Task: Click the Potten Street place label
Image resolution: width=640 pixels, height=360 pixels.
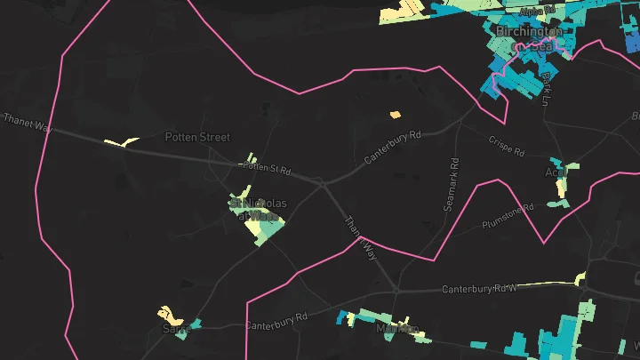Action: (x=197, y=137)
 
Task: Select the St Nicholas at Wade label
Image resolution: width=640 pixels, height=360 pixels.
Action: (x=259, y=209)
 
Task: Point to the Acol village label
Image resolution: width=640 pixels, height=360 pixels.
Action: (x=556, y=172)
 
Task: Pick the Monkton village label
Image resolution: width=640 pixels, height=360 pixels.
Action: (x=397, y=329)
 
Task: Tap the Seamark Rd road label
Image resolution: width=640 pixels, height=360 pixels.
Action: (x=452, y=184)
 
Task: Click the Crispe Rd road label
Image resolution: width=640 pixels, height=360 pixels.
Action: (x=508, y=141)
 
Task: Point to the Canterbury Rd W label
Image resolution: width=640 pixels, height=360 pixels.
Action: (x=479, y=289)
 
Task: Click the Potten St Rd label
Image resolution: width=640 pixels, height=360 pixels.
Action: (x=267, y=166)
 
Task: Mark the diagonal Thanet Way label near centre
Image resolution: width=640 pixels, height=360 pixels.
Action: (x=361, y=237)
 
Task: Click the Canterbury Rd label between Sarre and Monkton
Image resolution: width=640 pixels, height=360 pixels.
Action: (x=276, y=321)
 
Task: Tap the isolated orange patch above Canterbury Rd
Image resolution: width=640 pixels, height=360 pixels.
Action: (x=396, y=114)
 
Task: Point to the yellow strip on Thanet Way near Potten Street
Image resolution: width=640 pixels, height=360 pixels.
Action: (x=122, y=142)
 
